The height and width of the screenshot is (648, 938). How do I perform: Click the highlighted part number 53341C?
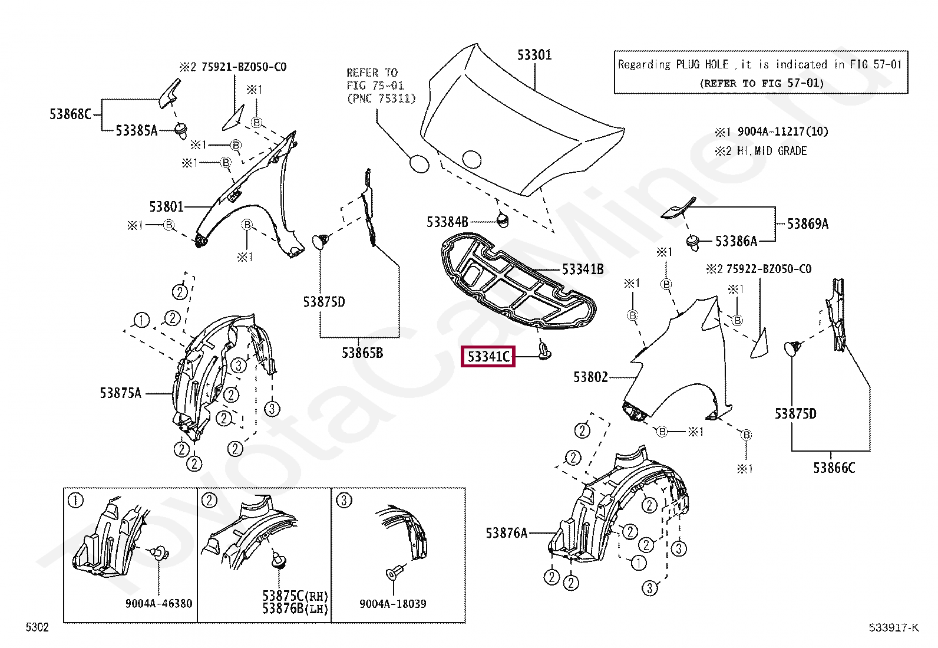click(488, 357)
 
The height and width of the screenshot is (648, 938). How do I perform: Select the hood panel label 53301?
click(534, 55)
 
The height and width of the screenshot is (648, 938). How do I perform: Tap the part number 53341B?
click(582, 269)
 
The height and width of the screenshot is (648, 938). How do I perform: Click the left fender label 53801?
click(166, 207)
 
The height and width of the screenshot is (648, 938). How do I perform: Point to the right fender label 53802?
click(590, 377)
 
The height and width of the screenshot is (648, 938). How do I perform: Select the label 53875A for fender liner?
click(120, 393)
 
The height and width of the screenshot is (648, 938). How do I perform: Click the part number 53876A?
click(506, 533)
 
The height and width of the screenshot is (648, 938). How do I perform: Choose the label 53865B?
click(362, 353)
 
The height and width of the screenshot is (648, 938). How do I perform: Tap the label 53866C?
click(833, 468)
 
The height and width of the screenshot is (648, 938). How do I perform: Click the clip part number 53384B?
click(447, 222)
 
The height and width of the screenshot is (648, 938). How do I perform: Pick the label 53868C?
click(70, 114)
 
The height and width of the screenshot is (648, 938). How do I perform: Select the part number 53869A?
click(807, 224)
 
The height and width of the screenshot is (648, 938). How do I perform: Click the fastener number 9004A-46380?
click(158, 604)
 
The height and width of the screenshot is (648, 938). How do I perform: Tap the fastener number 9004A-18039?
click(392, 604)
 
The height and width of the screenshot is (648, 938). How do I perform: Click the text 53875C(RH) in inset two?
click(295, 596)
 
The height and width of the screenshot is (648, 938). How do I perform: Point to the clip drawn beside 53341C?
click(544, 352)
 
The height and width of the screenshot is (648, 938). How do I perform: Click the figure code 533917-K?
click(893, 628)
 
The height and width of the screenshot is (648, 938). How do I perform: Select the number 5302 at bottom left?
click(37, 627)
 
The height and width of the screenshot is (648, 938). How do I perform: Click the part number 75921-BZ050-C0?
click(243, 67)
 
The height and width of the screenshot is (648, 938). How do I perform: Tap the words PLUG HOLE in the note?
click(702, 65)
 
